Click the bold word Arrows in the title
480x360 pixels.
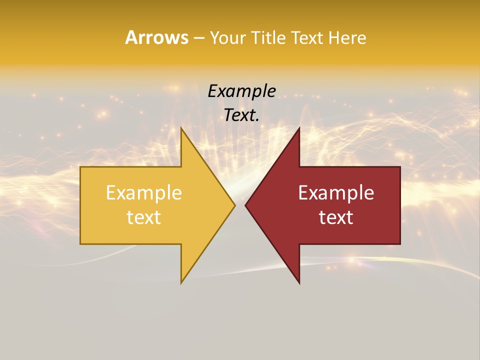pos(156,37)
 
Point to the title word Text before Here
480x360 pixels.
pos(308,38)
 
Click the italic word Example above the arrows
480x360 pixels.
pos(242,91)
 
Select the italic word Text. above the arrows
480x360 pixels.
pos(242,115)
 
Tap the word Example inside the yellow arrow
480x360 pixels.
pos(144,192)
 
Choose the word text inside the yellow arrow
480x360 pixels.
pos(144,217)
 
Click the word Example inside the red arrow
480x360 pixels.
pos(336,192)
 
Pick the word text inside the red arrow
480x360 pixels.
pos(336,217)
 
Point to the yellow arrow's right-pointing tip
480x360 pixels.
pos(234,204)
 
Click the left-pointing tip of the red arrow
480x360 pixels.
pos(245,204)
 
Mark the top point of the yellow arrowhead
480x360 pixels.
pos(181,127)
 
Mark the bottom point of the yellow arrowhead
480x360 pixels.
pos(181,283)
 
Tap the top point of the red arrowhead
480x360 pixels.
pos(299,127)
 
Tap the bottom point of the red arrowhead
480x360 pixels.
pos(299,283)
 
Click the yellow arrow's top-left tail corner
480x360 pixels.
pos(80,167)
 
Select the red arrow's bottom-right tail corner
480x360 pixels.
pos(400,243)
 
